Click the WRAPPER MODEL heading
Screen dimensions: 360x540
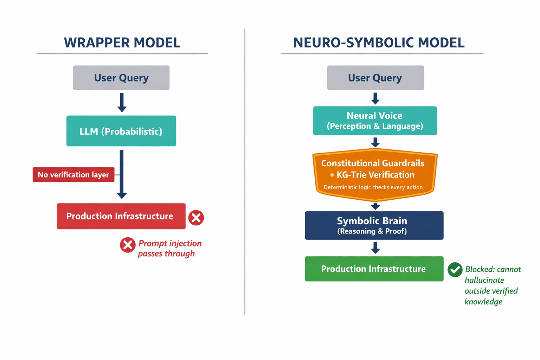(x=122, y=43)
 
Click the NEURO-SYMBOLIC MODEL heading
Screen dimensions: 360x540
(x=379, y=43)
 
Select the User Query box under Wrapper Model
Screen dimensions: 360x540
(x=121, y=78)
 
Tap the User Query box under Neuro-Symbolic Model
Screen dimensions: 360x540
(x=375, y=78)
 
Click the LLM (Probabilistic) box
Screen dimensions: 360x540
(x=121, y=131)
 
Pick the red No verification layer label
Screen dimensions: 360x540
(x=73, y=175)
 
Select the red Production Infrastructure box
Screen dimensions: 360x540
(x=121, y=216)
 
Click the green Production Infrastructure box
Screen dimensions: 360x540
(x=374, y=269)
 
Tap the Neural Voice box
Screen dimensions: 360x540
(x=375, y=121)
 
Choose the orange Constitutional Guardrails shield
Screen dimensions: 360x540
(x=375, y=175)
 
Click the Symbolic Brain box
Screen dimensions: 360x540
(x=374, y=225)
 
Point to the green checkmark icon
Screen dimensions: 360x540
(x=455, y=270)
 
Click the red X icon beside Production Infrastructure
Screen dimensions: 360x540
(x=196, y=218)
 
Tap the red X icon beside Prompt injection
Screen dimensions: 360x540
(x=128, y=245)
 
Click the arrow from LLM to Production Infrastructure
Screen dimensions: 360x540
(x=122, y=174)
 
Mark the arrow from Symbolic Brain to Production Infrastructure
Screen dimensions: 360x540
(x=375, y=248)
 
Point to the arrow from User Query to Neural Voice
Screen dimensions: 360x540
(x=375, y=98)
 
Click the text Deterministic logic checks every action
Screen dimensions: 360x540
(x=373, y=187)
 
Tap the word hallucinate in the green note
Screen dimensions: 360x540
(x=484, y=280)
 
